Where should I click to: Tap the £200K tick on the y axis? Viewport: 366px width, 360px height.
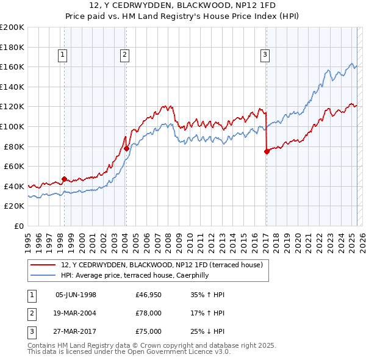point(12,27)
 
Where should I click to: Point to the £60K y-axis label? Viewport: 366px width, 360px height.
point(14,166)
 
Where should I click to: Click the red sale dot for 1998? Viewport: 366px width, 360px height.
point(64,179)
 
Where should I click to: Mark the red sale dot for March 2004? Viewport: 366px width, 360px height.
point(126,148)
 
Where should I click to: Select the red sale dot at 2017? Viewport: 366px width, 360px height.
point(267,151)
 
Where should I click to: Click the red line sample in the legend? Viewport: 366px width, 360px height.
point(43,265)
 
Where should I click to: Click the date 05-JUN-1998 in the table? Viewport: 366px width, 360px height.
point(76,295)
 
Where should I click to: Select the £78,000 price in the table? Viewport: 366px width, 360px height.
point(149,313)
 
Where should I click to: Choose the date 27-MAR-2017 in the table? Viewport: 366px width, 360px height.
point(76,331)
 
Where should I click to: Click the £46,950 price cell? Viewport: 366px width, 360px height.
point(149,295)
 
